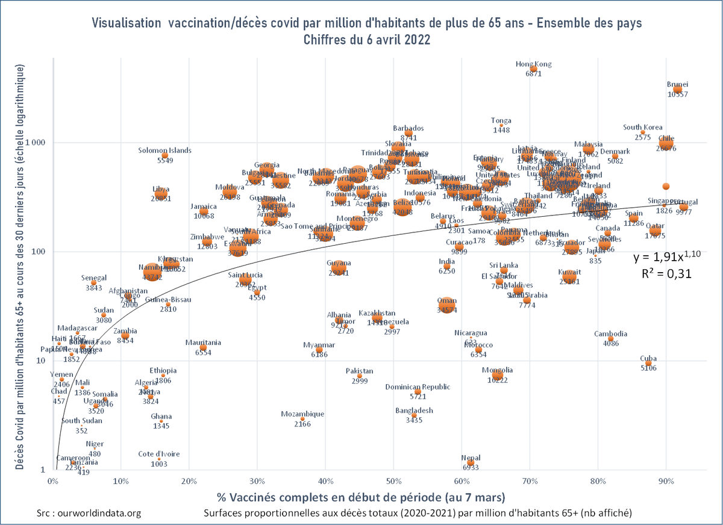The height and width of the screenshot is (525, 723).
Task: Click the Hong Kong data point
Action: [x=533, y=69]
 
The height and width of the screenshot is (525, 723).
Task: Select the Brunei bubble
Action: [x=678, y=90]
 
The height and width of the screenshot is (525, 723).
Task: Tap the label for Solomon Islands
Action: [x=164, y=151]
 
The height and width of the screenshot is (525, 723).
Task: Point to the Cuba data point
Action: [x=648, y=364]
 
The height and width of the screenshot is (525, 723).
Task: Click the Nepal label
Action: [x=471, y=458]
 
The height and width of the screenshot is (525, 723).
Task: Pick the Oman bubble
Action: [x=446, y=305]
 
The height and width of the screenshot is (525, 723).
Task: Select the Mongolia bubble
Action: [x=498, y=375]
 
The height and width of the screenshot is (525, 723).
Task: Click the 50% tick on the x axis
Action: [x=393, y=481]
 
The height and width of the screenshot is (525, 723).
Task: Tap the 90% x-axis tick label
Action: [x=666, y=481]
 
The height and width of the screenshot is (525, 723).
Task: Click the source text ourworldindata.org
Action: [x=89, y=513]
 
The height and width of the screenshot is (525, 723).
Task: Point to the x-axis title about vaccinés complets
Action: [x=359, y=498]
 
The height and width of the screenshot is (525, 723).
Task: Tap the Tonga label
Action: [x=501, y=120]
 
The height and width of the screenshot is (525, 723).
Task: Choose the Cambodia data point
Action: [x=610, y=339]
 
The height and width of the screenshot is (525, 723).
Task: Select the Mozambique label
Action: [x=302, y=414]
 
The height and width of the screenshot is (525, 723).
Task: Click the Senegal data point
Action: [x=94, y=282]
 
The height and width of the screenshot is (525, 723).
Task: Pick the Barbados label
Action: [x=408, y=128]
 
